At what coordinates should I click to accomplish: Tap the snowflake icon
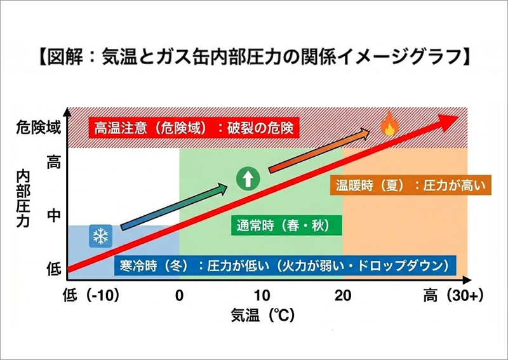coord(99,237)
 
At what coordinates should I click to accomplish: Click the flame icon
coord(388,125)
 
